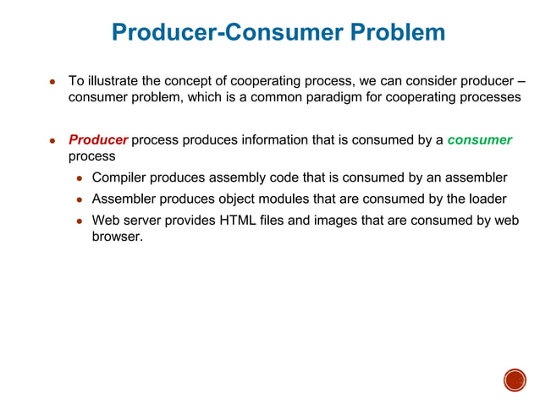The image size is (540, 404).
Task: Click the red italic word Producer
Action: point(98,139)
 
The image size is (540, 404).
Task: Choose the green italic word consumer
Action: point(479,139)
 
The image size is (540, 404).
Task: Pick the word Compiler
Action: point(118,177)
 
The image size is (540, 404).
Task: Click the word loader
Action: point(487,199)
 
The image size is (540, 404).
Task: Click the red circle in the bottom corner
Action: point(515,380)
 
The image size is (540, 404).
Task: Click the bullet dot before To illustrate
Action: point(52,83)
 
